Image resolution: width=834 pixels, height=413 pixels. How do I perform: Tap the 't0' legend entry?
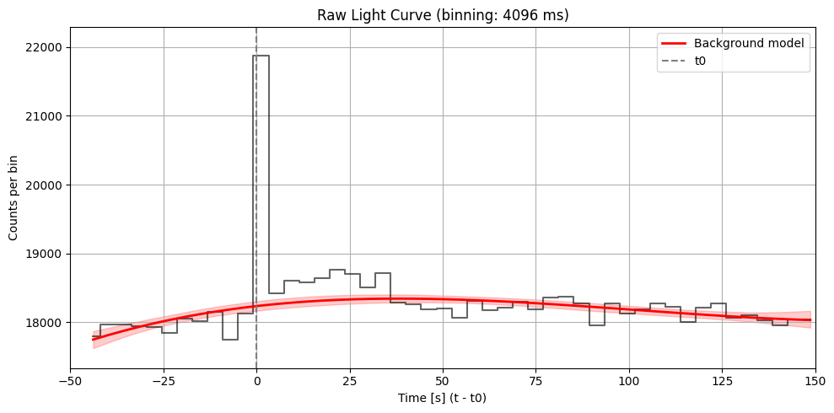(700, 61)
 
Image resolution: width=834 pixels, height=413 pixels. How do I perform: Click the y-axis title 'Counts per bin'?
(13, 198)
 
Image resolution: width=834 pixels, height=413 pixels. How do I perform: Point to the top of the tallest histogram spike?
(262, 56)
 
